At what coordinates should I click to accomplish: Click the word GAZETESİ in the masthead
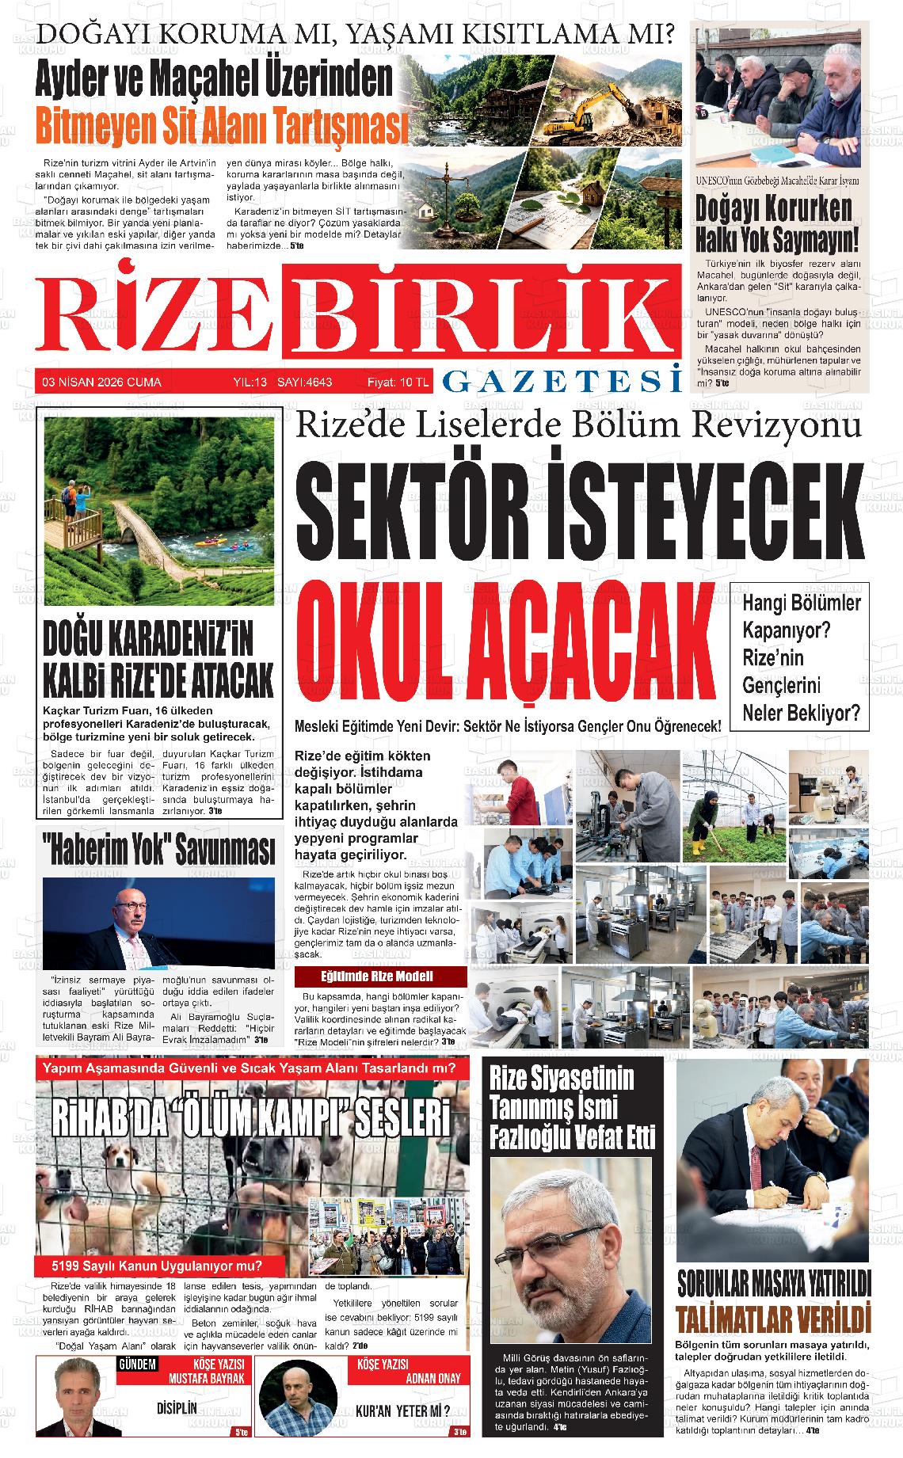coord(562,381)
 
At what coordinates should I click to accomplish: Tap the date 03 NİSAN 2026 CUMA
coord(102,383)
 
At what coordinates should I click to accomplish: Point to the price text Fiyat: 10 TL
coord(398,383)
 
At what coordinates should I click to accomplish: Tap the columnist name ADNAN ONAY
coord(432,1378)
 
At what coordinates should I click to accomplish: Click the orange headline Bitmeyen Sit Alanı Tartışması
coord(222,124)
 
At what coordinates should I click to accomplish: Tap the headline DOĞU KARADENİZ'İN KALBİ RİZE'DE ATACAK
coord(158,657)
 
